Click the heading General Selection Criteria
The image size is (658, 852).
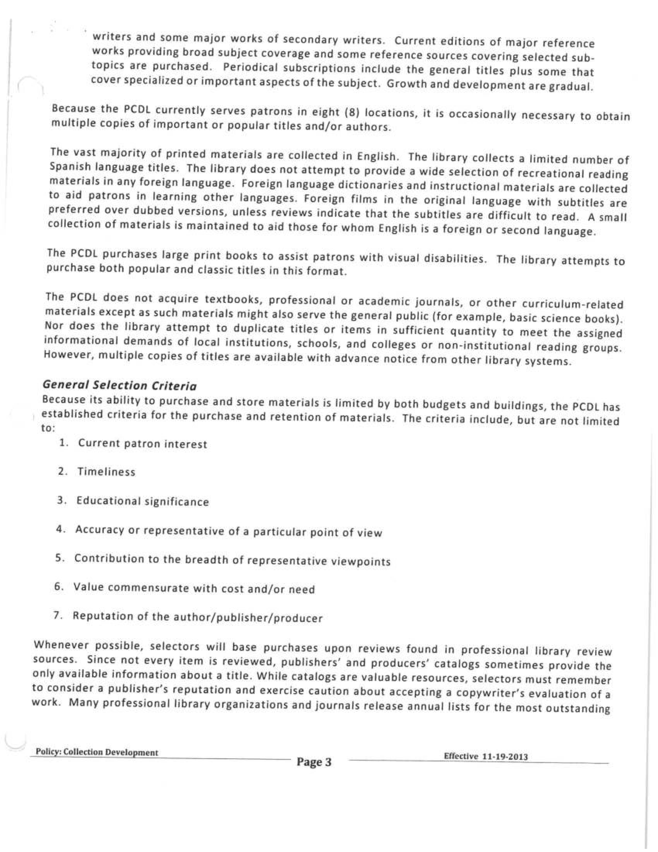[x=119, y=385]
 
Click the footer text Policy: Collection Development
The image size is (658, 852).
[x=97, y=753]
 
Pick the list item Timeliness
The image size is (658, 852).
[x=106, y=472]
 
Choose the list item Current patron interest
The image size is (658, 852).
[x=143, y=444]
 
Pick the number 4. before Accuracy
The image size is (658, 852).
[x=60, y=529]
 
